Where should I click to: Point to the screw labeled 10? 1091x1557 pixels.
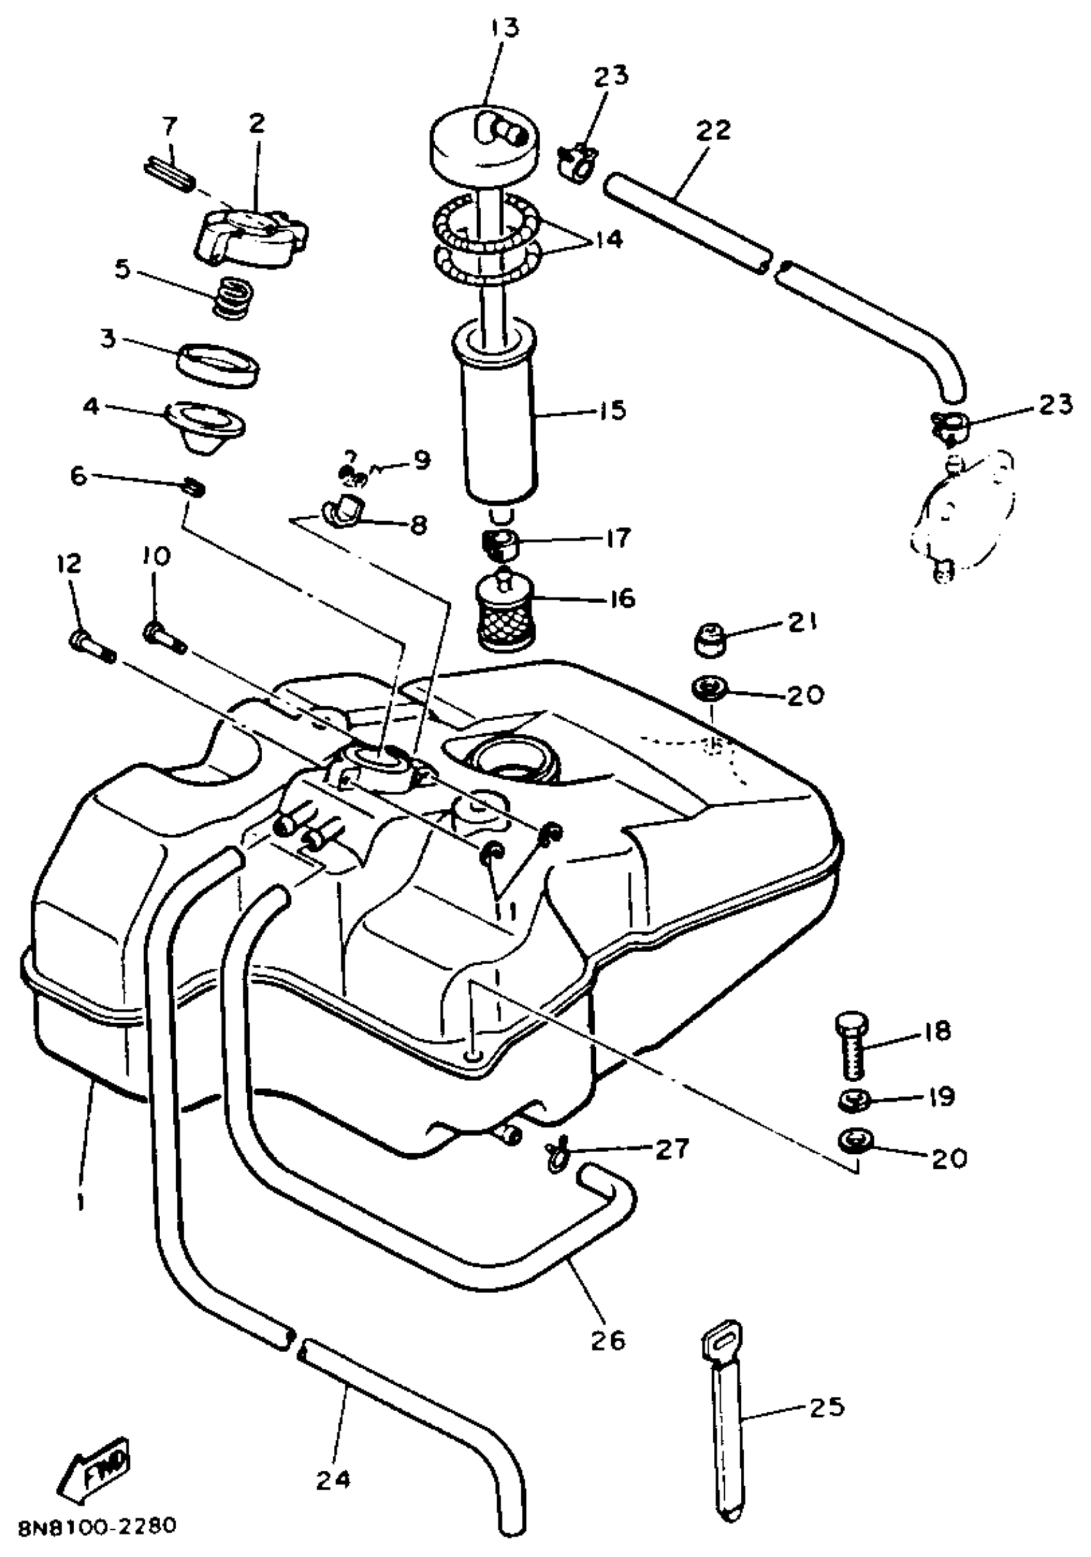click(164, 638)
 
